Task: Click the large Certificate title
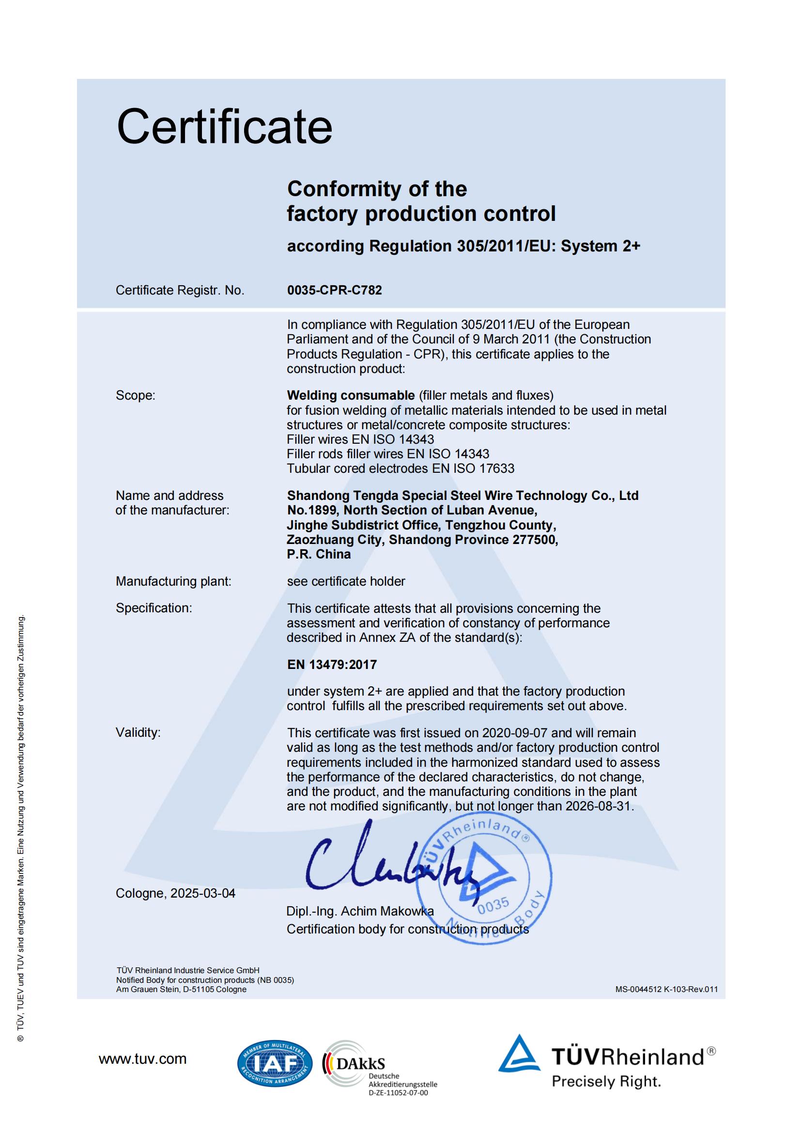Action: (x=224, y=127)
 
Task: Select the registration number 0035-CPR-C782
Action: (x=335, y=290)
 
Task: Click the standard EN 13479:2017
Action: (x=332, y=665)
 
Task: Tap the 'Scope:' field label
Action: (x=135, y=395)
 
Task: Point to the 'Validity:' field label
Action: (x=138, y=732)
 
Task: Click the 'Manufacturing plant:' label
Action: (x=173, y=581)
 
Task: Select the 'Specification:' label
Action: (x=154, y=608)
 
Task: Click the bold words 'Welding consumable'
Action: (x=351, y=395)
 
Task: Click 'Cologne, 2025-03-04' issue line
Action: (x=175, y=893)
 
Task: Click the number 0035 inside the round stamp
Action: (x=493, y=905)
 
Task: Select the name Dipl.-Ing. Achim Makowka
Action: (x=360, y=912)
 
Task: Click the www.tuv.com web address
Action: (x=142, y=1059)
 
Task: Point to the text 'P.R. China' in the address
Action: (x=319, y=554)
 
